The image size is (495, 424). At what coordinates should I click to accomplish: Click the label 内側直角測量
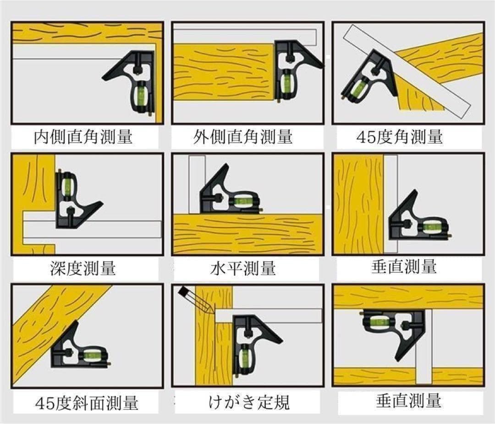[x=83, y=137]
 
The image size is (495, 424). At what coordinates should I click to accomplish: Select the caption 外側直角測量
[x=243, y=137]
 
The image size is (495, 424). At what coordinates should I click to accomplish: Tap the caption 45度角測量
[x=400, y=137]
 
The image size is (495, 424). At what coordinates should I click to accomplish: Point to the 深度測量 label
[x=83, y=268]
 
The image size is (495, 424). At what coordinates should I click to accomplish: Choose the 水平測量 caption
[x=243, y=268]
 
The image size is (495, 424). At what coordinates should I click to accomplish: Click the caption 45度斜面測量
[x=87, y=402]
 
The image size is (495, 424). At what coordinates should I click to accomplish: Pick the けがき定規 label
[x=249, y=402]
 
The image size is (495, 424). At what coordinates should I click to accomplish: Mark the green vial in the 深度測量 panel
[x=67, y=185]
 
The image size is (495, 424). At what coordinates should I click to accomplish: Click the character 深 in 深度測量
[x=58, y=268]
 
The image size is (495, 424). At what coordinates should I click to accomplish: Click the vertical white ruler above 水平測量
[x=197, y=184]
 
